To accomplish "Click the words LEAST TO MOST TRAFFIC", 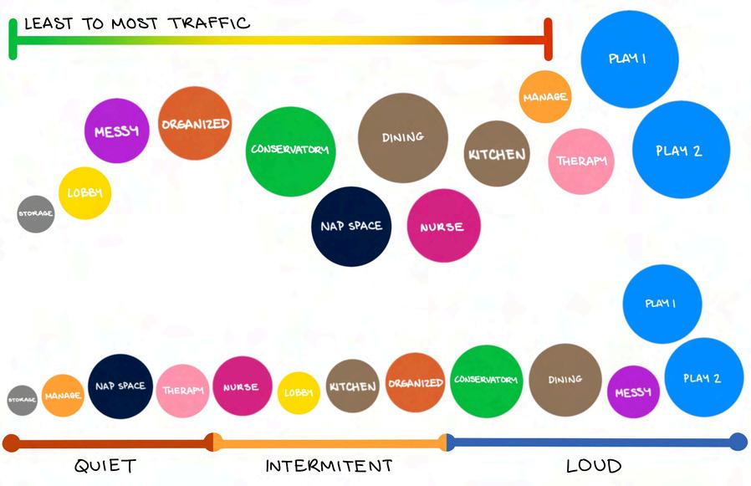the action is click(x=136, y=23).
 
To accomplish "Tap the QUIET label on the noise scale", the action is click(x=105, y=466).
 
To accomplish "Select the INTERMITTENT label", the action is click(x=329, y=466).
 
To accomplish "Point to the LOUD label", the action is click(x=594, y=466).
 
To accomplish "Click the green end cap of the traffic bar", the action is click(x=13, y=39).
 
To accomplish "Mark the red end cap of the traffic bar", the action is click(x=548, y=39).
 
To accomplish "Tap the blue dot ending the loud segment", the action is click(x=738, y=442).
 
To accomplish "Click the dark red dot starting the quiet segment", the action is click(x=11, y=443).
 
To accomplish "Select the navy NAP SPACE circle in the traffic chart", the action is click(x=351, y=226).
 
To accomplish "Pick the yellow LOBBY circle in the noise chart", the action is click(x=298, y=392).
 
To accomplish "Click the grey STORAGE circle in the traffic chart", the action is click(x=36, y=213).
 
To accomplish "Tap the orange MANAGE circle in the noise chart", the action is click(x=63, y=395).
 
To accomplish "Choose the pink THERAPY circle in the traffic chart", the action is click(x=581, y=161).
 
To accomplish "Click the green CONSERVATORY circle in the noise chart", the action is click(x=487, y=381).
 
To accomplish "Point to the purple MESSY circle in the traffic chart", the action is click(x=116, y=131).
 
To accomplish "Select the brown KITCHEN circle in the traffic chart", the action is click(x=497, y=154).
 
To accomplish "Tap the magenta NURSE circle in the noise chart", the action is click(x=243, y=386).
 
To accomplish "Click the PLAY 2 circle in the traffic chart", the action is click(x=681, y=151).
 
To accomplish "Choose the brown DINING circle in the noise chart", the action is click(x=565, y=380).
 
